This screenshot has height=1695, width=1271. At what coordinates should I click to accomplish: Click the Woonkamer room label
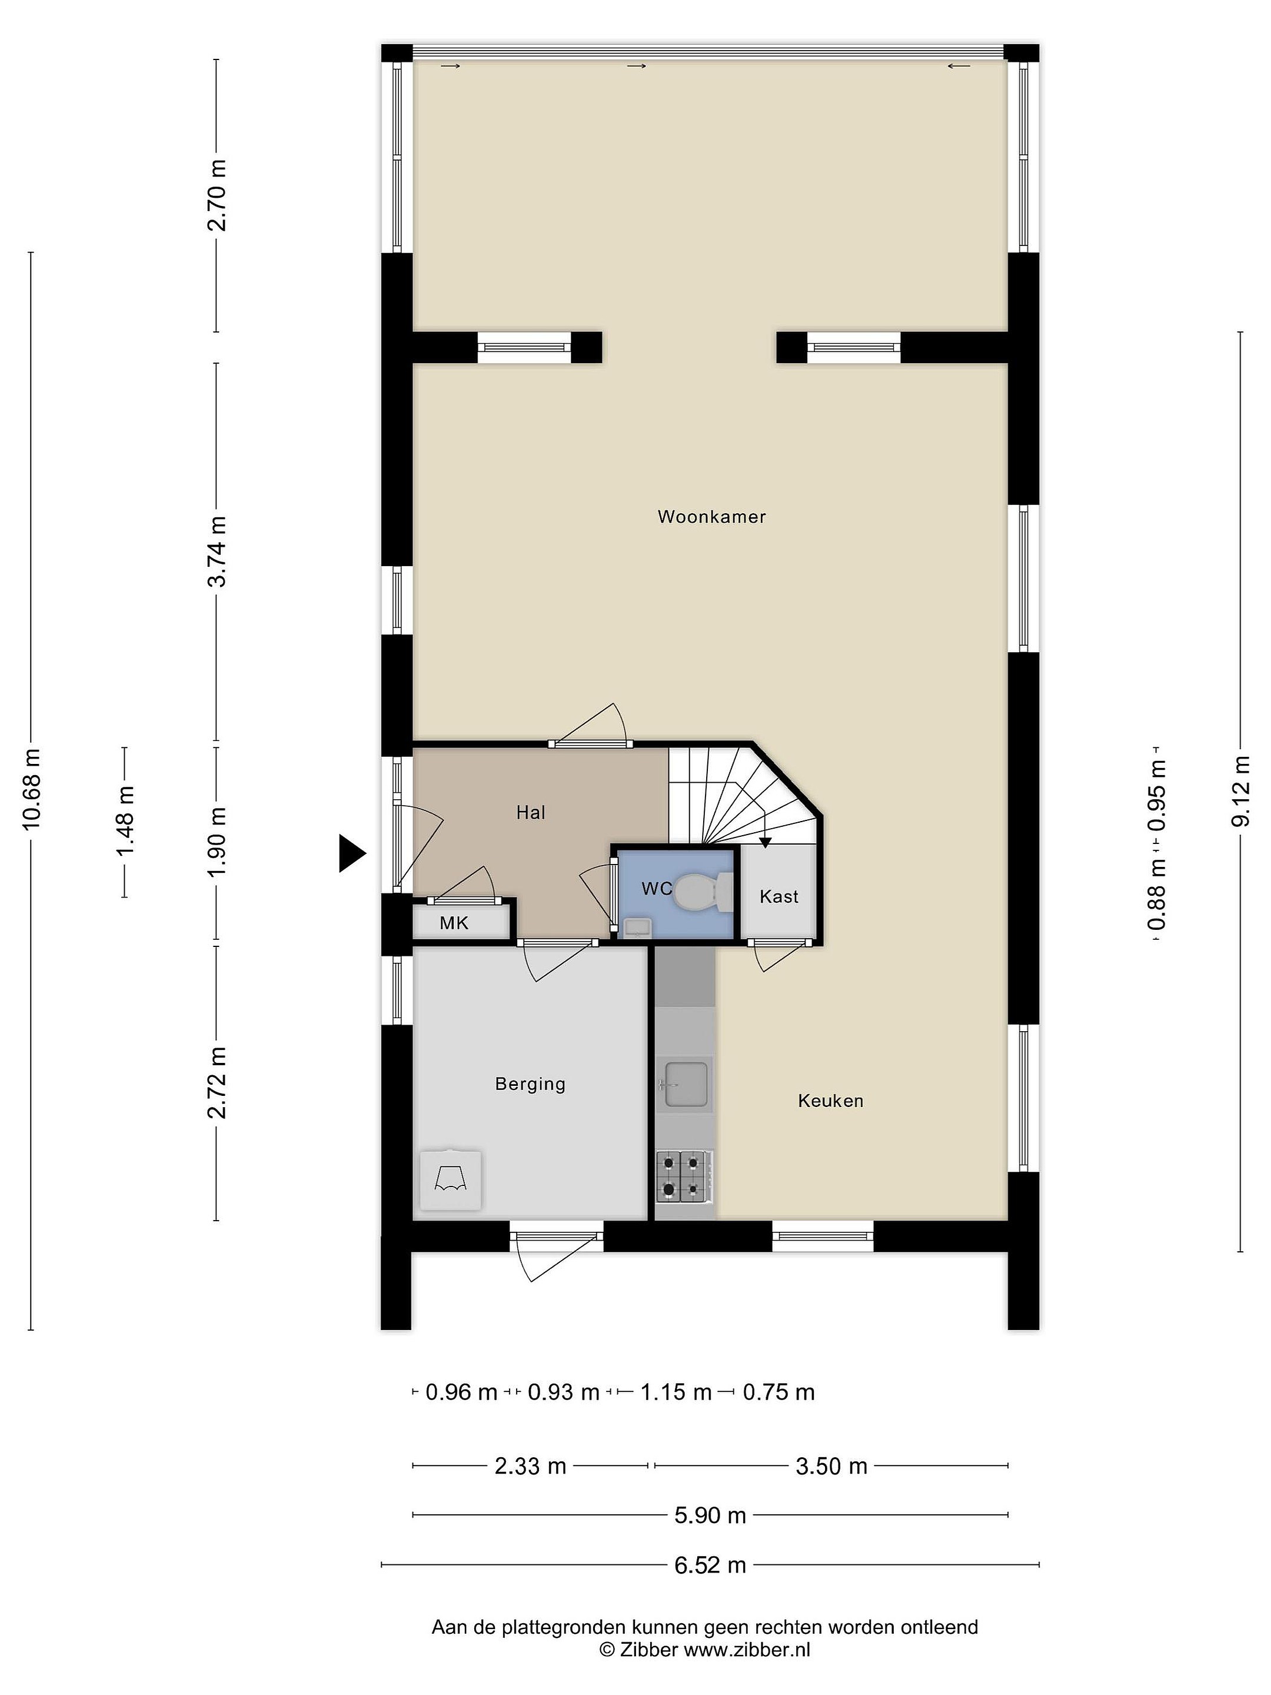coord(712,517)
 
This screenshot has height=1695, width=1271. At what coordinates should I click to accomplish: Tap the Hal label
coord(530,812)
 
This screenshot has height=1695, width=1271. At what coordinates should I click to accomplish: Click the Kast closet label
coord(779,896)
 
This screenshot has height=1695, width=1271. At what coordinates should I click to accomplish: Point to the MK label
coord(454,923)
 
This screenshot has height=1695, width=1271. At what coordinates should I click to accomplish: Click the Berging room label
coord(530,1084)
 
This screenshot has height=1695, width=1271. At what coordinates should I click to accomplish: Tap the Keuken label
coord(830,1101)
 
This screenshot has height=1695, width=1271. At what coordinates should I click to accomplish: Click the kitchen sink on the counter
coord(684,1084)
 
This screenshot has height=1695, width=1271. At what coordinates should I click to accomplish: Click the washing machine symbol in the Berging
coord(451,1180)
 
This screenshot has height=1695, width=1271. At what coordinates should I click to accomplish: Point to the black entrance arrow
coord(352,853)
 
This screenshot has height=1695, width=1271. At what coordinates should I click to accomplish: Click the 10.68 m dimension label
coord(31,789)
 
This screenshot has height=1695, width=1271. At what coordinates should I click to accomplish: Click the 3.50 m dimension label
coord(831,1466)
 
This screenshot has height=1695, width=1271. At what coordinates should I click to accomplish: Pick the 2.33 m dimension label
coord(530,1466)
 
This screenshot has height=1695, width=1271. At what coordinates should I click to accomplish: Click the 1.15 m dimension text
coord(676,1391)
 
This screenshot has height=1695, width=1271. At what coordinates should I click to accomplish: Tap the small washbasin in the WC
coord(637,929)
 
